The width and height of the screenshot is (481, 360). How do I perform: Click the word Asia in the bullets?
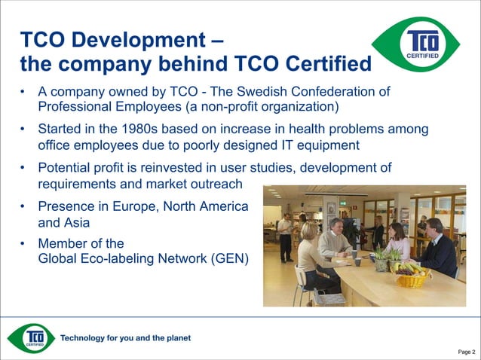(76, 223)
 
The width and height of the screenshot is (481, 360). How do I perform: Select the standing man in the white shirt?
(285, 234)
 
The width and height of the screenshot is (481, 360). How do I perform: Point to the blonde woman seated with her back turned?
(310, 256)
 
